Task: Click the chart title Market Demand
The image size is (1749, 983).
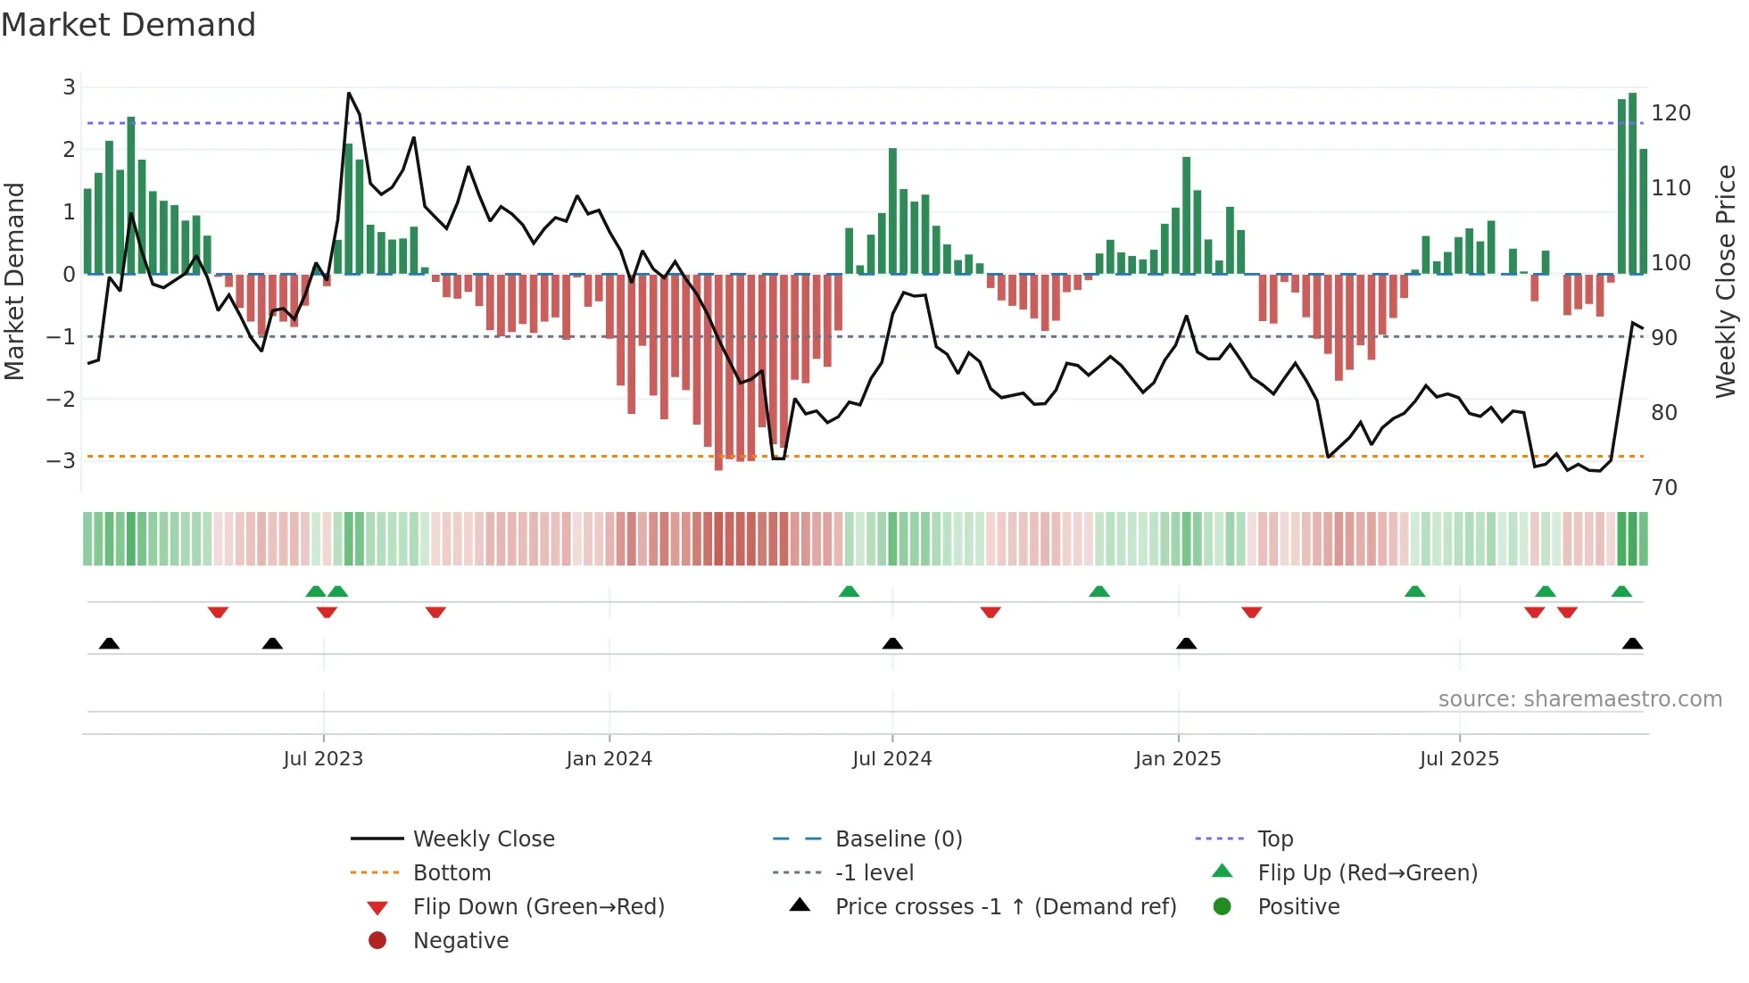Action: click(128, 25)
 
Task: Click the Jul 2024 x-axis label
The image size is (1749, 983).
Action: click(891, 759)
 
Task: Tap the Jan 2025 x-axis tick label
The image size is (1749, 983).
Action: click(1177, 759)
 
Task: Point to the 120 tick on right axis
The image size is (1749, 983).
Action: click(1670, 113)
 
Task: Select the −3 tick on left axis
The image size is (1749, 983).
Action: click(61, 461)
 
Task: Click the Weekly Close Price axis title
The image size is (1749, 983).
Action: click(1726, 281)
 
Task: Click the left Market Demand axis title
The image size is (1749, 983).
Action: click(15, 281)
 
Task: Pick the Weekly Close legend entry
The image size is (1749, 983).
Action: click(483, 839)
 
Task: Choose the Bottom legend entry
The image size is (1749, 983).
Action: click(452, 873)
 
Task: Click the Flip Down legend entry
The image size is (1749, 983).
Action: click(538, 907)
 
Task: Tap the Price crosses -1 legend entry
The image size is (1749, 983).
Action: click(1005, 907)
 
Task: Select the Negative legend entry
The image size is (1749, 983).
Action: click(460, 941)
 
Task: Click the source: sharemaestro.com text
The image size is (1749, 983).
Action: click(1579, 699)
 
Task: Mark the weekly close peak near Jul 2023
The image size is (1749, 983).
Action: click(349, 93)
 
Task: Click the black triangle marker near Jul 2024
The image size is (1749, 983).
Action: click(892, 644)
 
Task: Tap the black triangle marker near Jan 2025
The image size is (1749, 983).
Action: click(1186, 644)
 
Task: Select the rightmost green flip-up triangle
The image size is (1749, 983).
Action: click(1621, 591)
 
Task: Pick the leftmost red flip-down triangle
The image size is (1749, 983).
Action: click(218, 612)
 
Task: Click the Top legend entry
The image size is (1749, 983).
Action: click(1274, 839)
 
